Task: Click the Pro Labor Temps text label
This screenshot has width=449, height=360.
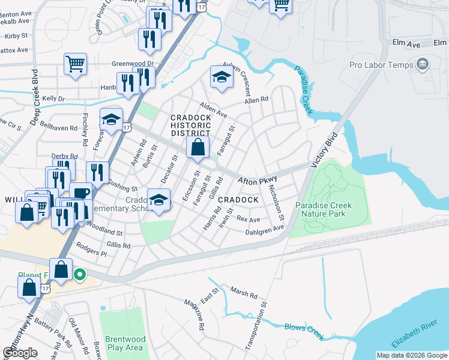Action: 382,65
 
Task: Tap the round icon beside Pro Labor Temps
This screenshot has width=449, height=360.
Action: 422,64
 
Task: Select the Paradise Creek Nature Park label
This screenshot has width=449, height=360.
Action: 324,209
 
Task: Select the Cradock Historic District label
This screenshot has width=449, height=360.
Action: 190,125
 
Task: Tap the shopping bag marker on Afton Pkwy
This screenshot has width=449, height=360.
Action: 197,147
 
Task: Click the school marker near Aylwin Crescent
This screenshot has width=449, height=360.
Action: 221,77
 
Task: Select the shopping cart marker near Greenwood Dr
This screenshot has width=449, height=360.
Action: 75,64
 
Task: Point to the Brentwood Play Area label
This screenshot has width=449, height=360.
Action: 124,343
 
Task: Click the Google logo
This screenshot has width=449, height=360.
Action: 20,353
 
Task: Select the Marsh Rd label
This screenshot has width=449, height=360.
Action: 244,295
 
